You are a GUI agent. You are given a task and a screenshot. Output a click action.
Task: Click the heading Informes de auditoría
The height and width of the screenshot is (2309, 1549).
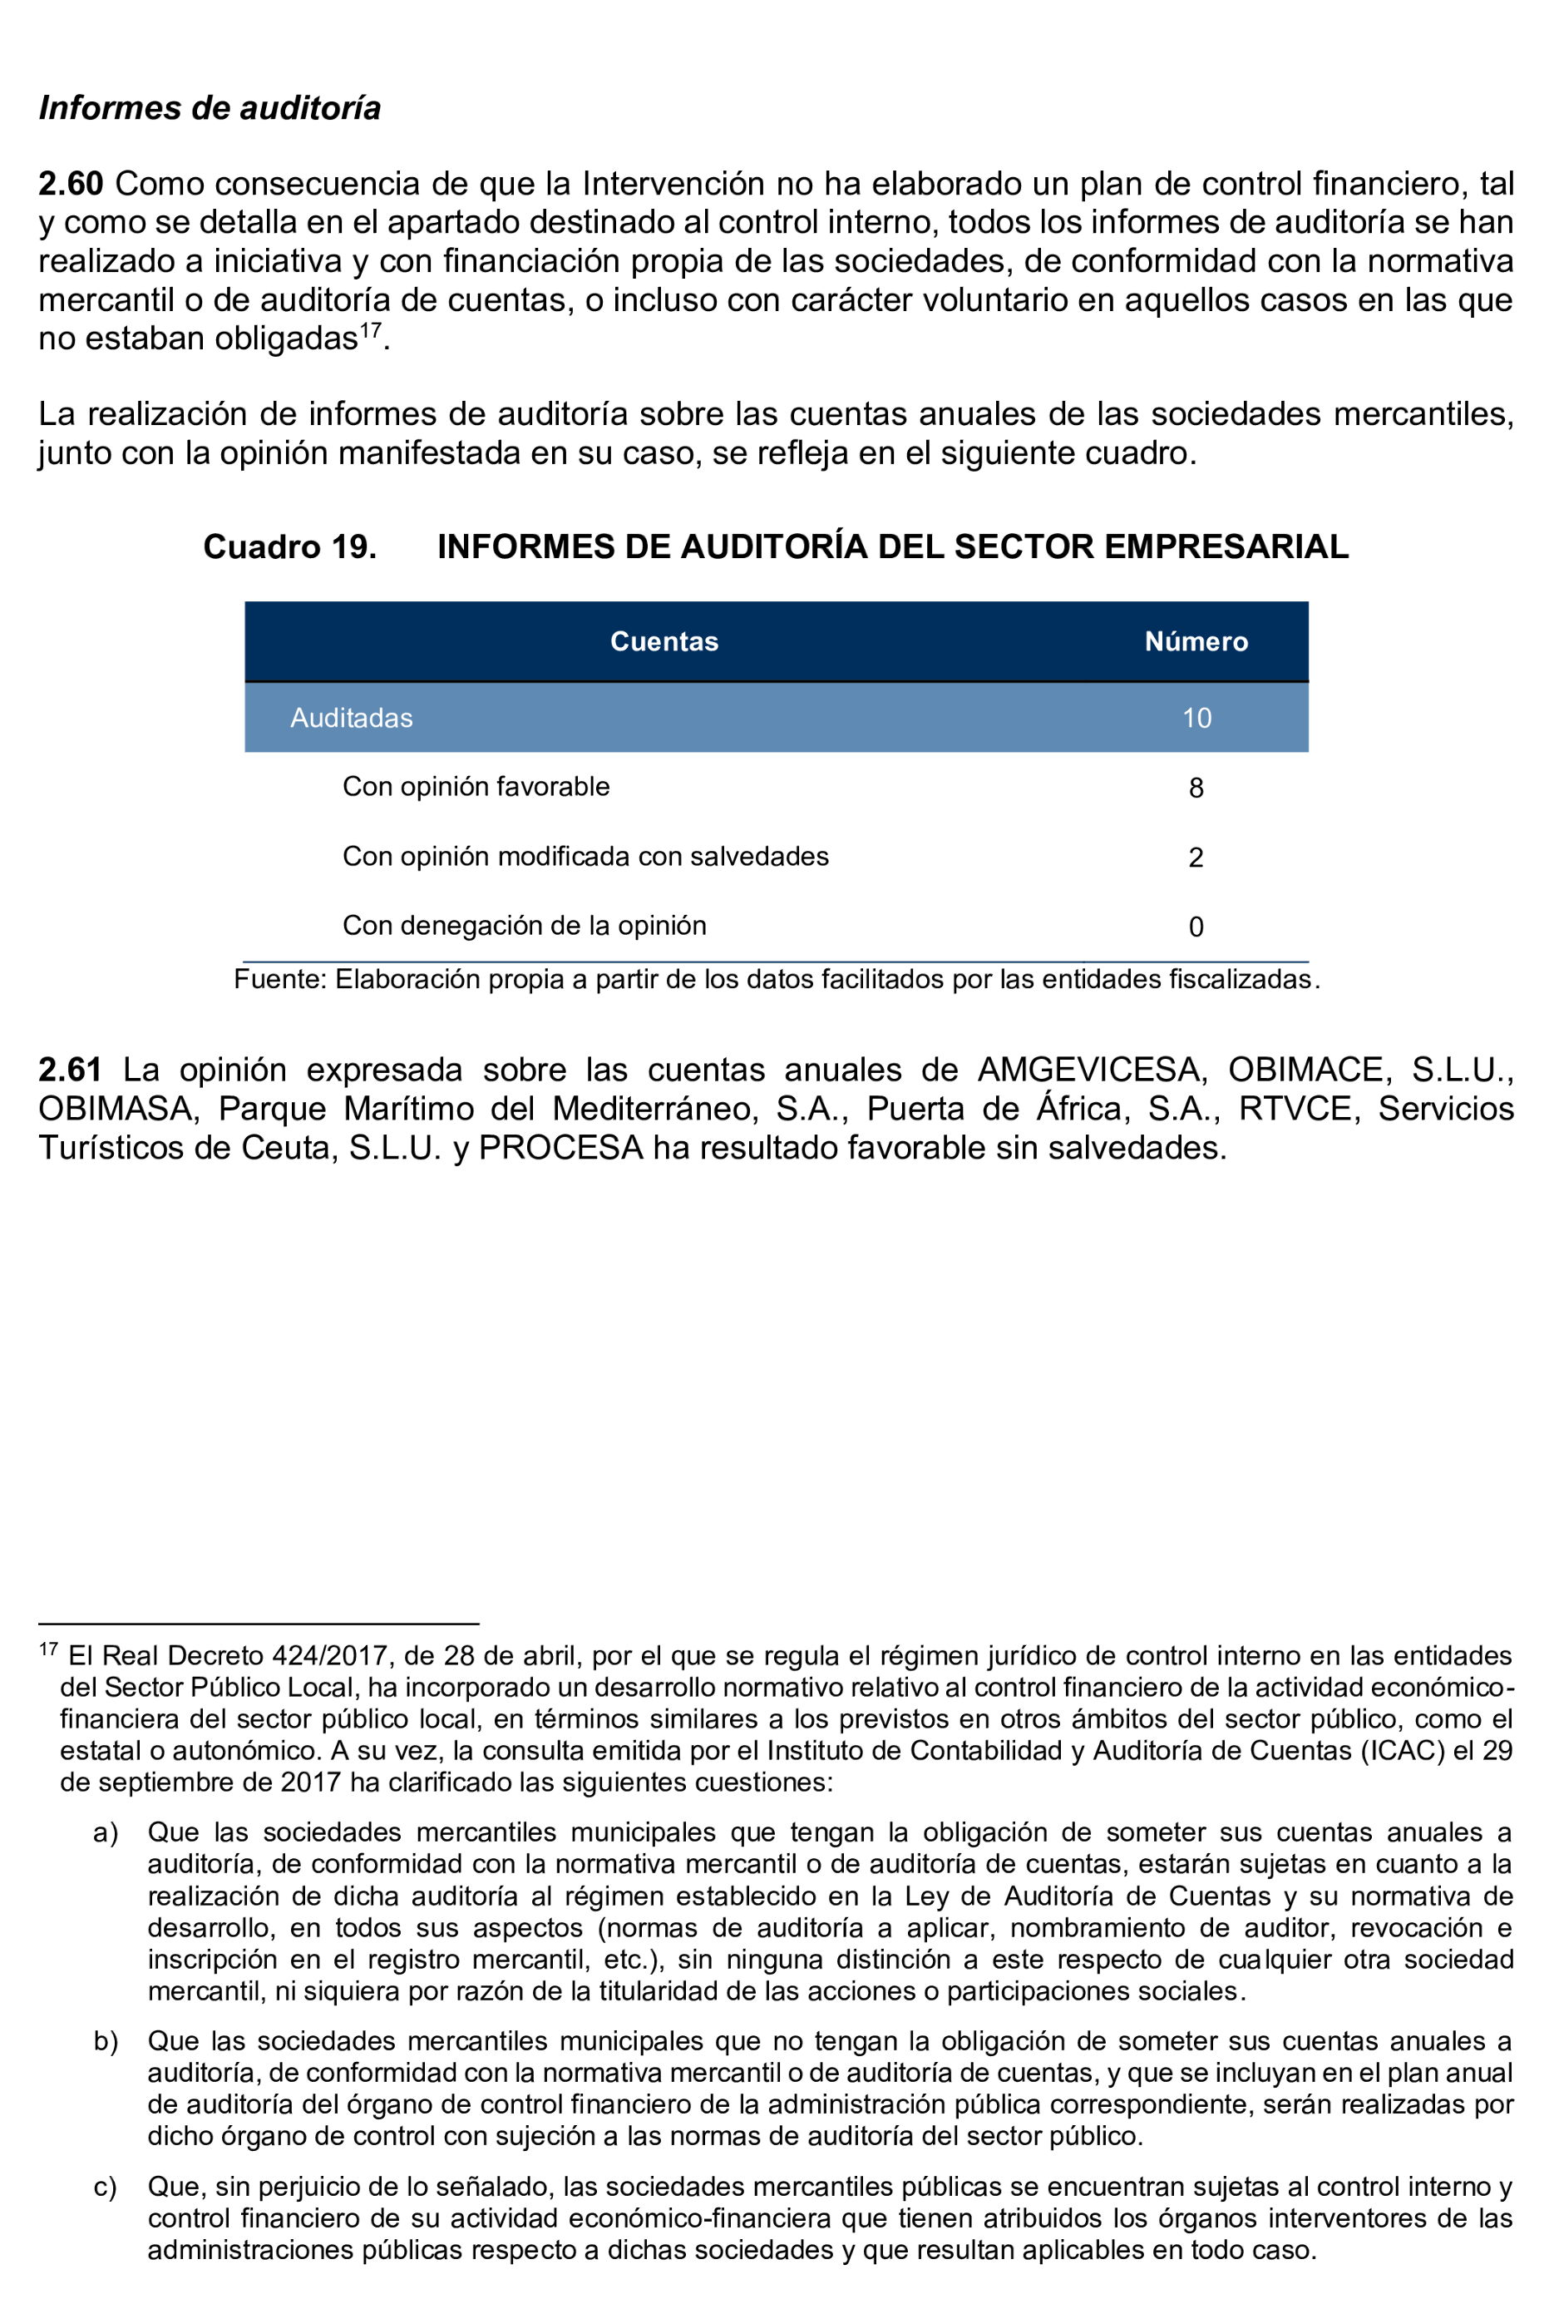point(210,107)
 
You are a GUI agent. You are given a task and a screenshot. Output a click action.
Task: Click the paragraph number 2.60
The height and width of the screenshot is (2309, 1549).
point(72,184)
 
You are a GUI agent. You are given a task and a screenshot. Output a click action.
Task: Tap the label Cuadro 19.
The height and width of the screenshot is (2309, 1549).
point(289,546)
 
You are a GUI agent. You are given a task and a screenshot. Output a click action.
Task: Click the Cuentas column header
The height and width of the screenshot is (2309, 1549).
point(664,641)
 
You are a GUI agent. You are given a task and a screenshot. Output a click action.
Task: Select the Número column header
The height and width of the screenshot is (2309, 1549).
point(1196,641)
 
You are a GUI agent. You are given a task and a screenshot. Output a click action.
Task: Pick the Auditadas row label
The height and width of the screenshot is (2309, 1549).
point(351,719)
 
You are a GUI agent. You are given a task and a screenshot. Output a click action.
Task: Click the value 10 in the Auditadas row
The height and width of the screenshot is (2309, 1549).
point(1196,719)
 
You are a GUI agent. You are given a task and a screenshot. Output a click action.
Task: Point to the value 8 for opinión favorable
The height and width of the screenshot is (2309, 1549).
point(1196,788)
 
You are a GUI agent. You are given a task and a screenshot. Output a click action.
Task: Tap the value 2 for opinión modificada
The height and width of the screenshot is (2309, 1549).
point(1196,858)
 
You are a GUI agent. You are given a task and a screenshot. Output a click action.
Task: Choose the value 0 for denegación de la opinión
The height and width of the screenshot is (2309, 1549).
point(1196,927)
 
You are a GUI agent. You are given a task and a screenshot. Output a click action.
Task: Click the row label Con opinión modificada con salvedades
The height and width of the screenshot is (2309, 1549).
point(585,857)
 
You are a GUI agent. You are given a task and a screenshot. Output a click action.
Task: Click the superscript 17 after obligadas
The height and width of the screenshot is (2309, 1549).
point(371,330)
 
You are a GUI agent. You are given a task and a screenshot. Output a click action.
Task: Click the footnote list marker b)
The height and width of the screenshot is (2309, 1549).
point(106,2041)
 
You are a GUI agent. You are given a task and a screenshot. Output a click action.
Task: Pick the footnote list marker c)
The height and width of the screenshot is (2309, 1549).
point(106,2188)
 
